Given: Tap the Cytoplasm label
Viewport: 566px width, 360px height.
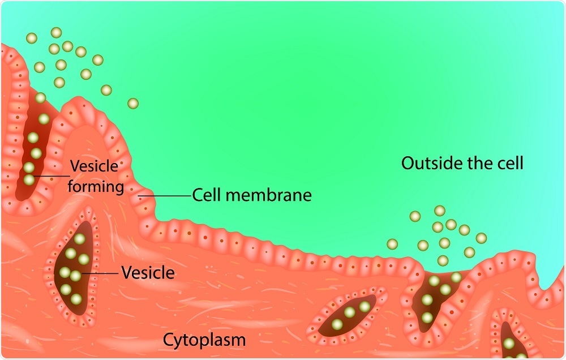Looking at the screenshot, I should click(204, 340).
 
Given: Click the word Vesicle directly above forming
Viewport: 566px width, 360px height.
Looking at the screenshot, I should click(94, 166).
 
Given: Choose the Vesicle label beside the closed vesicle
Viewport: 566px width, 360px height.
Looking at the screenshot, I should click(148, 273).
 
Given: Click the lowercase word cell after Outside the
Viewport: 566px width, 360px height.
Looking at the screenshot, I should click(509, 164).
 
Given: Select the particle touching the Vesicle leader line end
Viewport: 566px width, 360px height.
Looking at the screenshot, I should click(76, 276).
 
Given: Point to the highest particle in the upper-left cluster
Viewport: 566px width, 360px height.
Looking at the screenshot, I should click(56, 33).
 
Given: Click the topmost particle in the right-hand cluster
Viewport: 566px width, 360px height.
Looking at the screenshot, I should click(439, 211).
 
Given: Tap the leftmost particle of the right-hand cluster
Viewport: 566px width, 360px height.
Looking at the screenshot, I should click(392, 244).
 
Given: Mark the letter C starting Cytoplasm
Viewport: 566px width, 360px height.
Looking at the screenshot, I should click(169, 340).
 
